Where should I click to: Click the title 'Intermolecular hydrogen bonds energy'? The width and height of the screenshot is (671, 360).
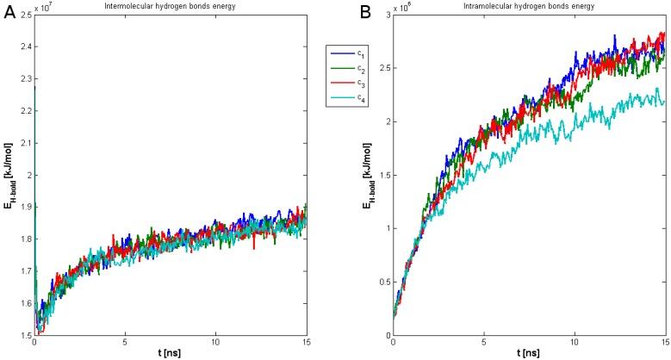tap(169, 8)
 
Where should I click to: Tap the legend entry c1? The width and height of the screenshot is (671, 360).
tap(358, 53)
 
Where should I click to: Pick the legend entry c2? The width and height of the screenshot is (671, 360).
tap(358, 69)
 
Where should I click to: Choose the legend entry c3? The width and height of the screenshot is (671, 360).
tap(358, 84)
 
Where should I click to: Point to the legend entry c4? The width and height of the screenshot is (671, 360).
tap(358, 100)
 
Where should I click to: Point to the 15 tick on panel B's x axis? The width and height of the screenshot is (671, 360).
tap(664, 343)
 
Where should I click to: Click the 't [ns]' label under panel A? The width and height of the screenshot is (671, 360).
tap(169, 353)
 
